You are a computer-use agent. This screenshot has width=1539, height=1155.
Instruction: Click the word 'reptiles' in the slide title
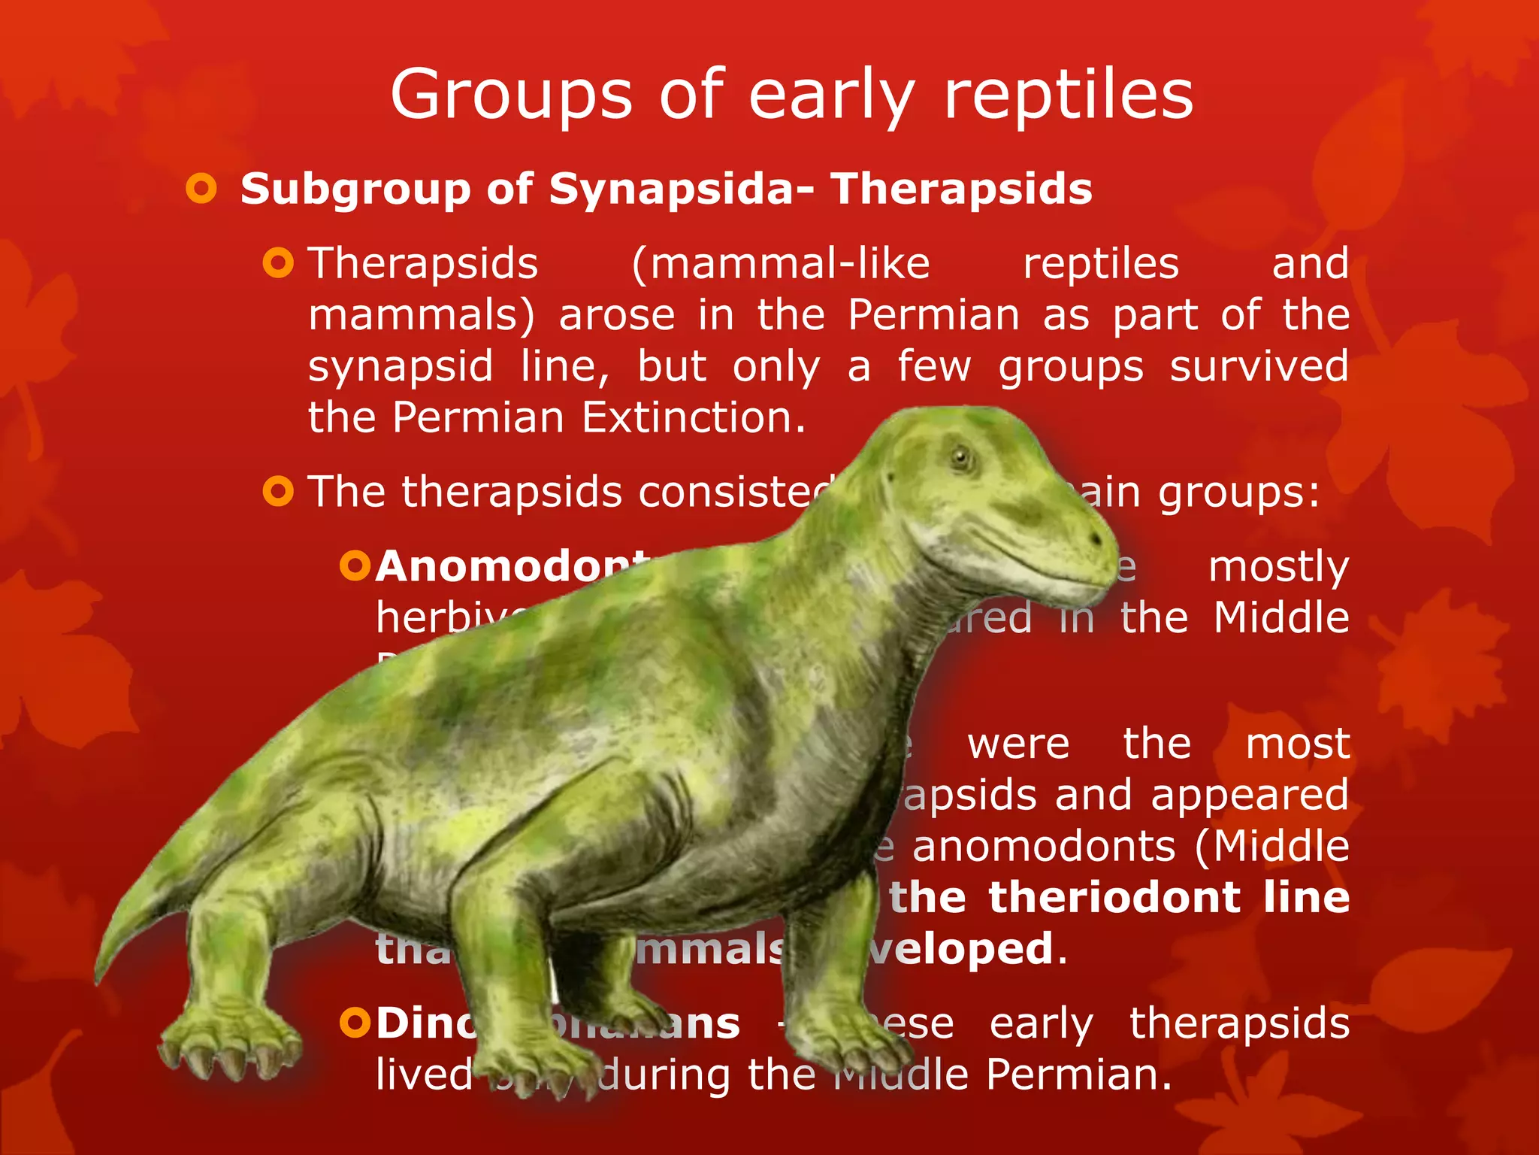[x=1068, y=95]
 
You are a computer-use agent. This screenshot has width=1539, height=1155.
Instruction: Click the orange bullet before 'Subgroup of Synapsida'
[x=201, y=188]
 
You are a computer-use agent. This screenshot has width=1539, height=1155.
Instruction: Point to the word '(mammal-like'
[x=781, y=264]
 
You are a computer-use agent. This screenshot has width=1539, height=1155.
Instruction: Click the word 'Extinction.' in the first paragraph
[x=694, y=417]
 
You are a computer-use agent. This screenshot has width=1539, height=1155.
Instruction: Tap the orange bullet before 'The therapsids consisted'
[x=278, y=492]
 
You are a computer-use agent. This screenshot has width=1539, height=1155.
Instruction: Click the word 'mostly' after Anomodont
[x=1278, y=567]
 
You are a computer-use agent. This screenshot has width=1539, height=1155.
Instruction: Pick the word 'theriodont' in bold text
[x=1114, y=897]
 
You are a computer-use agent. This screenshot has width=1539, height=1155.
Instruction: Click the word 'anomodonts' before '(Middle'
[x=1044, y=846]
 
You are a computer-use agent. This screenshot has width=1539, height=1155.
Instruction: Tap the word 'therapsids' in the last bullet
[x=1239, y=1023]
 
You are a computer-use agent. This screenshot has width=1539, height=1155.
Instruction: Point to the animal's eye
[x=961, y=456]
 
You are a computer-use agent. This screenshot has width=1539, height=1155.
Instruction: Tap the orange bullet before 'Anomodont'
[x=355, y=565]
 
